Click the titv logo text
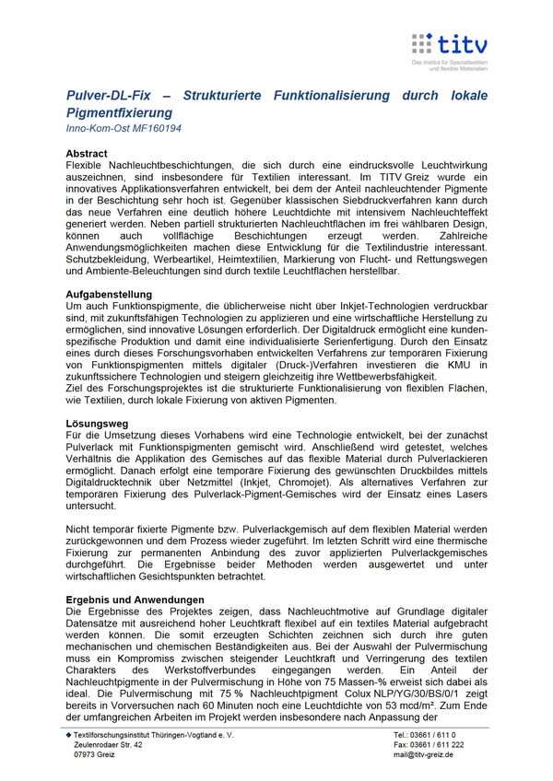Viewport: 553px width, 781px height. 464,43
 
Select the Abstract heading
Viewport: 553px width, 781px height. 87,154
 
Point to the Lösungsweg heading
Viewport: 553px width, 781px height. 94,421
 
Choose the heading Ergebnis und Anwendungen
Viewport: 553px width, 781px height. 135,600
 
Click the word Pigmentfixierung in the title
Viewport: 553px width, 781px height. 121,111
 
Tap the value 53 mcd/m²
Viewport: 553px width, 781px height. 422,706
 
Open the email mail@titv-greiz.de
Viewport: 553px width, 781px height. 423,754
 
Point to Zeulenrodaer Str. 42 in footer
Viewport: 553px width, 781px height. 109,744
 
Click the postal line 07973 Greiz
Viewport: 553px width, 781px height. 95,754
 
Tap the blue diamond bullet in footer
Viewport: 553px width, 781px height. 68,734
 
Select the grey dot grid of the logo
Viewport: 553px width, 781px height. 422,43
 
